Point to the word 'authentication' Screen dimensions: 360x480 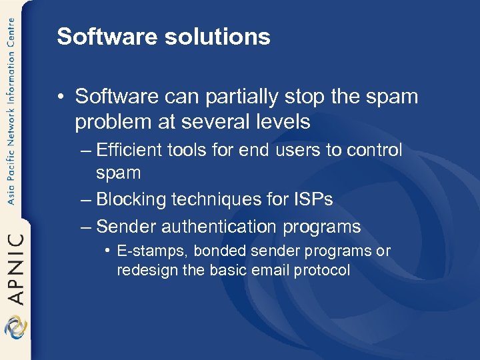click(217, 227)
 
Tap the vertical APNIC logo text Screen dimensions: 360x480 click(15, 267)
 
